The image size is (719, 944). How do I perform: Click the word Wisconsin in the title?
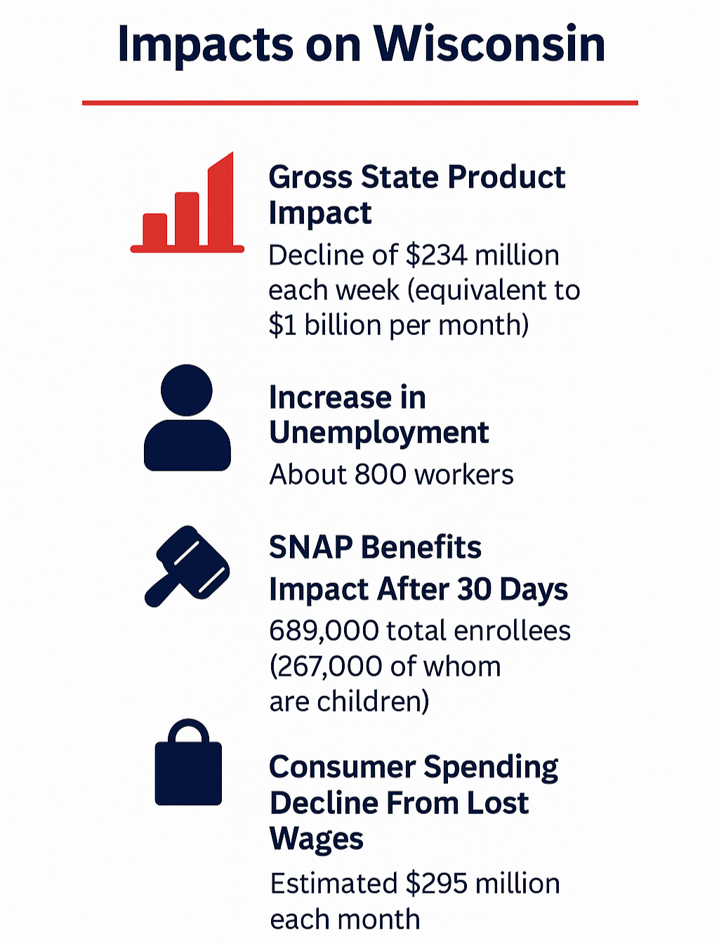(x=489, y=44)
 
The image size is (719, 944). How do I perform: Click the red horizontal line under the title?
(x=359, y=103)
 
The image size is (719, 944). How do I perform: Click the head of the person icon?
(x=187, y=390)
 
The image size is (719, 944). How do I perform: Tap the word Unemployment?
(x=378, y=433)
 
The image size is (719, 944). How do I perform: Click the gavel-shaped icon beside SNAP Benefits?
(x=187, y=565)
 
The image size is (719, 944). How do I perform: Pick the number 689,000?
(x=324, y=631)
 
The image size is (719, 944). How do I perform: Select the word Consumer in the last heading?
(x=342, y=767)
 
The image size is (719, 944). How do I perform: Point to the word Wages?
(x=317, y=839)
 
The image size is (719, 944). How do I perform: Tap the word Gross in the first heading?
(x=310, y=177)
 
